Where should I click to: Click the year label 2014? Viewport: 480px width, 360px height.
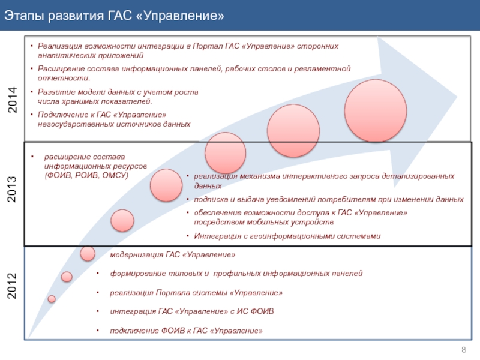[13, 101]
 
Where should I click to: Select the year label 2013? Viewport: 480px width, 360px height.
[13, 188]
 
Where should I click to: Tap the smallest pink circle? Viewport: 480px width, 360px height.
[52, 299]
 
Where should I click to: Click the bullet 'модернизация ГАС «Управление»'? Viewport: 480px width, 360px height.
[172, 255]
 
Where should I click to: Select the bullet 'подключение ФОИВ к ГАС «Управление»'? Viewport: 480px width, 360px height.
[186, 331]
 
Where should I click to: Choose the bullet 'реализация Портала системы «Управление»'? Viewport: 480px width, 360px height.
[196, 293]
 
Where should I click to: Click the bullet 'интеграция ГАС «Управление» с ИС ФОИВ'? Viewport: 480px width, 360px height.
[192, 312]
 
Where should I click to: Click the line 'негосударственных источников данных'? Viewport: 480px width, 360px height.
[114, 124]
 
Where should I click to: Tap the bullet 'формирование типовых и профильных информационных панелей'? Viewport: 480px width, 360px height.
[236, 274]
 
